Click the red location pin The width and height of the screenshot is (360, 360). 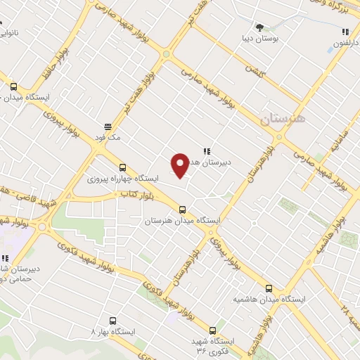181,165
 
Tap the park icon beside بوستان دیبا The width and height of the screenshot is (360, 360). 260,27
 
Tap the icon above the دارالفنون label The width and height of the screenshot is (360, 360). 345,32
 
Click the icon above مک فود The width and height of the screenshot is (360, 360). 108,127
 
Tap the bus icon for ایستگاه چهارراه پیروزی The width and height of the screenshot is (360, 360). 123,167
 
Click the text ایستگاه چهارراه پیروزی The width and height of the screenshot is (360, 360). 122,179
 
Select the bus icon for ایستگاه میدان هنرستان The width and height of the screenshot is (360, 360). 183,209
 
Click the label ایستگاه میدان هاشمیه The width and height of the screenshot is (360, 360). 269,300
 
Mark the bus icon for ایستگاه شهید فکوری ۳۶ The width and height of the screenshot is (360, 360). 212,329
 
